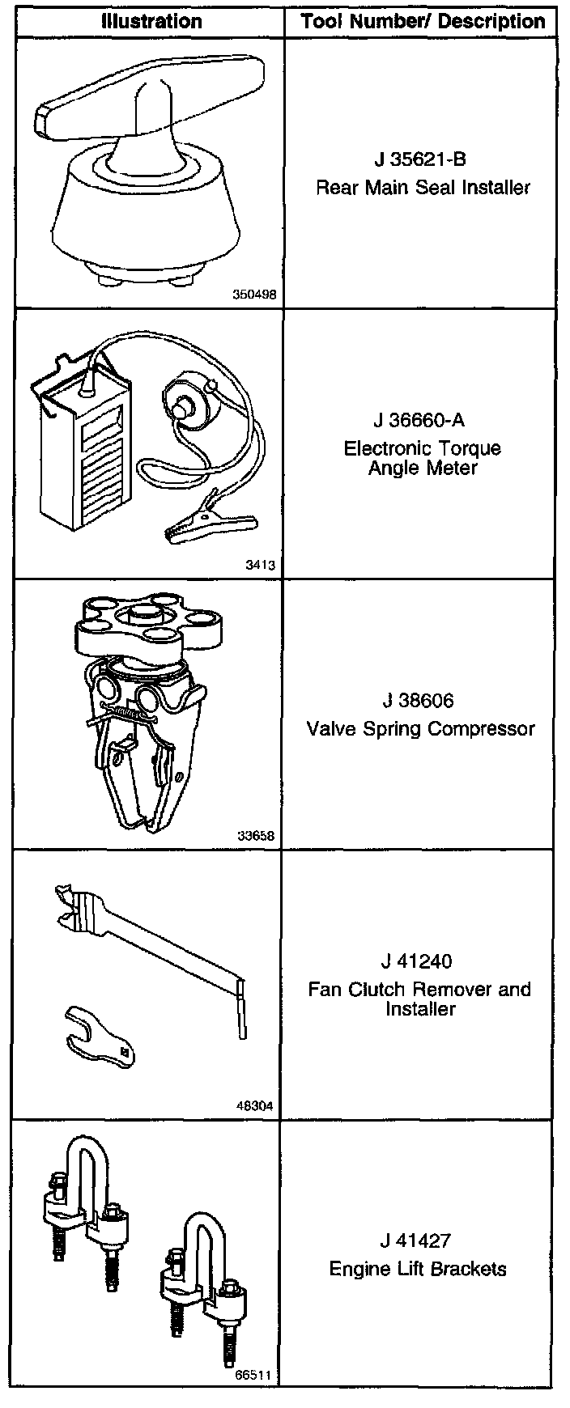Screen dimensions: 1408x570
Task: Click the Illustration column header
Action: tap(151, 21)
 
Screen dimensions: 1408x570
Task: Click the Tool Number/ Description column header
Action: tap(423, 21)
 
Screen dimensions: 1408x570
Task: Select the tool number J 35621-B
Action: tap(421, 159)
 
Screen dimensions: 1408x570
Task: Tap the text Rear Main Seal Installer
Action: tap(423, 188)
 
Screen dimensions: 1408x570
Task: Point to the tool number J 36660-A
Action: tap(419, 421)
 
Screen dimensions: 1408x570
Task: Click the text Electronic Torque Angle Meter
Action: tap(423, 458)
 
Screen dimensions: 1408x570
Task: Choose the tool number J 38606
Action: tap(419, 701)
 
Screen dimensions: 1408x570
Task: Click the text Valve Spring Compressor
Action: tap(421, 729)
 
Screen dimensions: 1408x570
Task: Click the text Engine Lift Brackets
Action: tap(418, 1269)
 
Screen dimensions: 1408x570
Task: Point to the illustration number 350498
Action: tap(254, 295)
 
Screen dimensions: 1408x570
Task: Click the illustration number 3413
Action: tap(260, 566)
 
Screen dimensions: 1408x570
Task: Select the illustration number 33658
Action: tap(257, 836)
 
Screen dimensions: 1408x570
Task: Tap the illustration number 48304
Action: tap(257, 1106)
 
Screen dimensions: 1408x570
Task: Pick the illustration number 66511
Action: tap(255, 1374)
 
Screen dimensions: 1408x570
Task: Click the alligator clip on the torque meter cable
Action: tap(191, 522)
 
